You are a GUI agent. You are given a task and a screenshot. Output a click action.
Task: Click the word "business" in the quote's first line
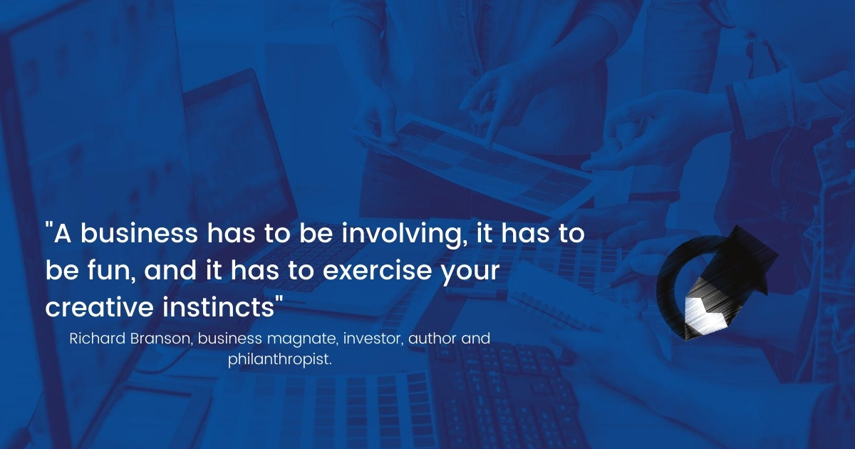140,233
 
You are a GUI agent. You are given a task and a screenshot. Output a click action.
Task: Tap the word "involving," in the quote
405,235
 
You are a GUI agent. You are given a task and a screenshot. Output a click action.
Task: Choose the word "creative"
99,307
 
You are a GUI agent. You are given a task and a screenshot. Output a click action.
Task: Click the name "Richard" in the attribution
98,339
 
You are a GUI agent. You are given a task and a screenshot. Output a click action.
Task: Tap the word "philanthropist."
280,360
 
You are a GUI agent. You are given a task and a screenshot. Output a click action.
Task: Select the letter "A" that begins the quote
63,234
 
